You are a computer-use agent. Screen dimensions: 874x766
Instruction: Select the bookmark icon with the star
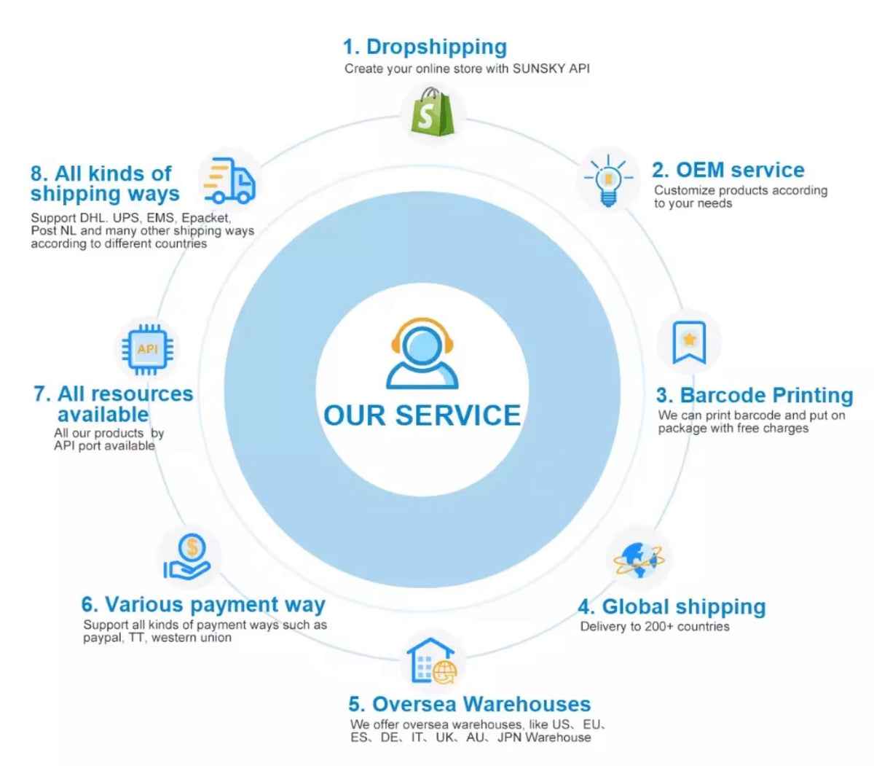[x=688, y=342]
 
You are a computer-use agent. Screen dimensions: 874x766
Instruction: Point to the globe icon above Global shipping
[x=639, y=560]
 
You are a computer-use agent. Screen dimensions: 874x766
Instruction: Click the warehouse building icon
[x=431, y=661]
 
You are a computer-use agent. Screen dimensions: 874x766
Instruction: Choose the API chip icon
[x=147, y=349]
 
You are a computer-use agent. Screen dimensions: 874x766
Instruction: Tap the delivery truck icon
[x=229, y=180]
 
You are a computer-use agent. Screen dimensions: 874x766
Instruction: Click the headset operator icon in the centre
[x=422, y=353]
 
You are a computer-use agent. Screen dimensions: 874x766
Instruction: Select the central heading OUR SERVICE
[x=422, y=415]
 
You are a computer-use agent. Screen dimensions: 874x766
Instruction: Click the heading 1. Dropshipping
[x=425, y=47]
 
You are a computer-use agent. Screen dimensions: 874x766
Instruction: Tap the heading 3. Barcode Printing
[x=755, y=395]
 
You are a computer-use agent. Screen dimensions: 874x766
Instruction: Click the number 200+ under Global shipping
[x=659, y=627]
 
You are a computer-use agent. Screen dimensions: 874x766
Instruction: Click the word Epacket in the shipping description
[x=206, y=218]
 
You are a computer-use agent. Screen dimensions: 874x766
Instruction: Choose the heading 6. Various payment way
[x=203, y=605]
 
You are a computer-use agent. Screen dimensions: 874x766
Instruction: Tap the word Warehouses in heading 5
[x=527, y=704]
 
